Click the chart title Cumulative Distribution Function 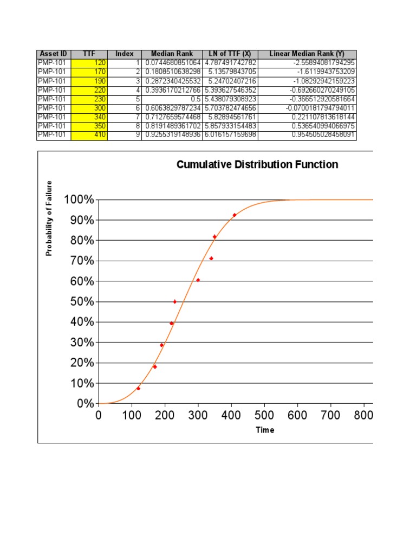click(257, 165)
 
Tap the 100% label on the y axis click(79, 200)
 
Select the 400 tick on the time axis click(231, 415)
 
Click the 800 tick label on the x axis click(363, 415)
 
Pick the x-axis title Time click(265, 430)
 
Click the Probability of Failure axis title click(49, 218)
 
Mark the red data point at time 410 click(235, 215)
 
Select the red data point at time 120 click(138, 388)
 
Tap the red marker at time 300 click(198, 280)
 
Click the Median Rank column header click(172, 54)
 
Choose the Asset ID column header click(54, 54)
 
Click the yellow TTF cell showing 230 click(89, 99)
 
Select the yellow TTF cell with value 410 click(89, 135)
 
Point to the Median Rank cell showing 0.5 click(172, 99)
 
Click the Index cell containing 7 click(124, 117)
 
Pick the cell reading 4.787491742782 click(230, 63)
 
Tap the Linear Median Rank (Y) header click(307, 54)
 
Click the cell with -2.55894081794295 click(307, 63)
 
